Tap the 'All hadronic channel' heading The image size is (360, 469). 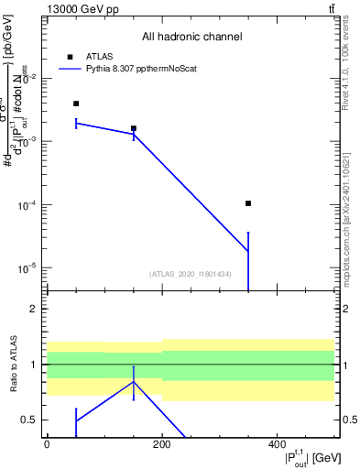[191, 38]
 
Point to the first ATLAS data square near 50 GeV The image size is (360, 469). [76, 104]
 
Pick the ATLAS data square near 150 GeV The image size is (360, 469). [134, 128]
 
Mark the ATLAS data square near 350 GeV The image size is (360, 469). [248, 203]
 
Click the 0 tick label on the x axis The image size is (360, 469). [47, 444]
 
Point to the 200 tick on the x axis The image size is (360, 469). [161, 444]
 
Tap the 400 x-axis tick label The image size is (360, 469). [277, 444]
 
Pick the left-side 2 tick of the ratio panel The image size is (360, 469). [34, 310]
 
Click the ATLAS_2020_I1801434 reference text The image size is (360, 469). [191, 274]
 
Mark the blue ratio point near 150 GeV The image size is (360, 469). [134, 382]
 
